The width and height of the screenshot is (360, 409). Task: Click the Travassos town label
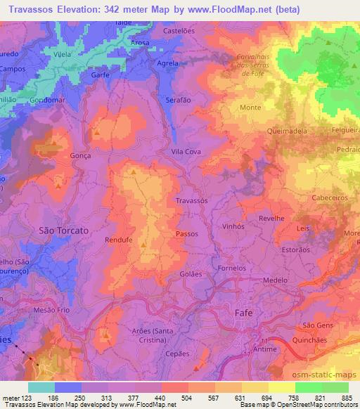pos(191,200)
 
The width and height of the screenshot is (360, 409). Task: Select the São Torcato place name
pos(63,230)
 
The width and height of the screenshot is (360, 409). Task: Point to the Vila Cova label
pos(186,151)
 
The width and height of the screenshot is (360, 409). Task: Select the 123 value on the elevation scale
pos(26,397)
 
